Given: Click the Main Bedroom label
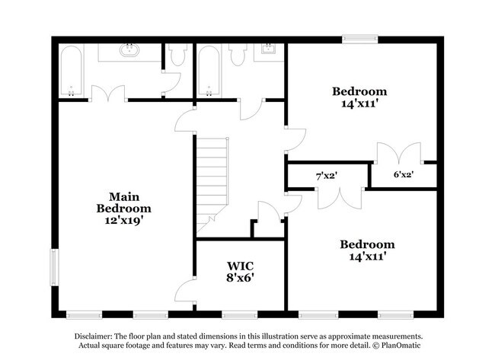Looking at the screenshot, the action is [123, 202].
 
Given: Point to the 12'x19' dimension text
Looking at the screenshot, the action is [123, 220].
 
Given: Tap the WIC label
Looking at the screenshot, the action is [240, 266].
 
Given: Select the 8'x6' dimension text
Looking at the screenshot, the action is [240, 278].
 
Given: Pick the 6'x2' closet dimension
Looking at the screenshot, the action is [404, 174].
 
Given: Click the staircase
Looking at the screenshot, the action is [212, 186].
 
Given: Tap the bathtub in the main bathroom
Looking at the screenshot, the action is [72, 71].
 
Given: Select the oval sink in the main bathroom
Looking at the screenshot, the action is [129, 50].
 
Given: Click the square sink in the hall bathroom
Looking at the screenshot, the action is [269, 49].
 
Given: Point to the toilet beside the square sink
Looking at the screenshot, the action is [238, 54].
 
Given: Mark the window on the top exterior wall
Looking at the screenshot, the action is [360, 39].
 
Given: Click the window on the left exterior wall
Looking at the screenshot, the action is [55, 268].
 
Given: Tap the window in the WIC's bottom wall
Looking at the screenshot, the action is [240, 314].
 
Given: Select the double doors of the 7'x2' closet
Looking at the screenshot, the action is [340, 199].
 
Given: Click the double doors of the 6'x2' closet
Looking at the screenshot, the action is [399, 152].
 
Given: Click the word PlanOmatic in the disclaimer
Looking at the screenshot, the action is [401, 346].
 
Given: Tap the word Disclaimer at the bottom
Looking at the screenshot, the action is [93, 336].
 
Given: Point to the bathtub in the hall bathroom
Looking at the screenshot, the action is [209, 71].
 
